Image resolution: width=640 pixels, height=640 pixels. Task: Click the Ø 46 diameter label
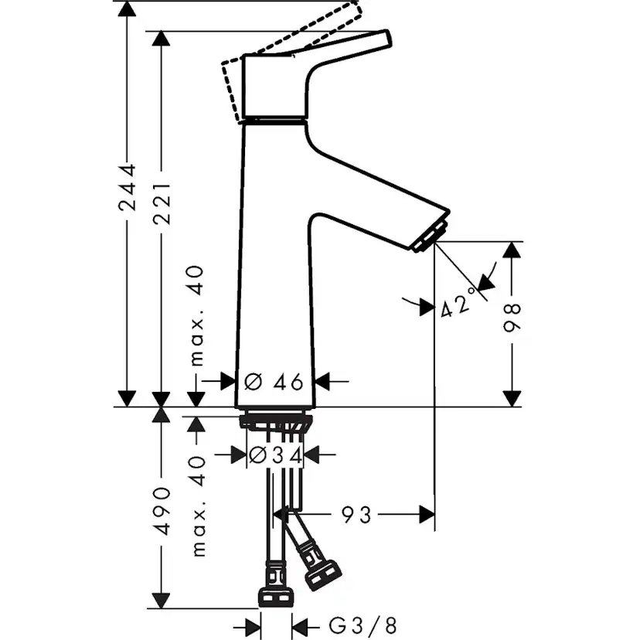point(274,381)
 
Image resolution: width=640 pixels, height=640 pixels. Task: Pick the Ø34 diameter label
point(274,456)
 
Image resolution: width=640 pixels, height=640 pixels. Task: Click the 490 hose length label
point(162,511)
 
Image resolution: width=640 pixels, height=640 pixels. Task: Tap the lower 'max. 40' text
point(196,506)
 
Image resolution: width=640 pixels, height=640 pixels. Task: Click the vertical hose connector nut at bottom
point(275,596)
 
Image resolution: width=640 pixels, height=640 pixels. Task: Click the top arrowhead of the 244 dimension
point(126,9)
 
